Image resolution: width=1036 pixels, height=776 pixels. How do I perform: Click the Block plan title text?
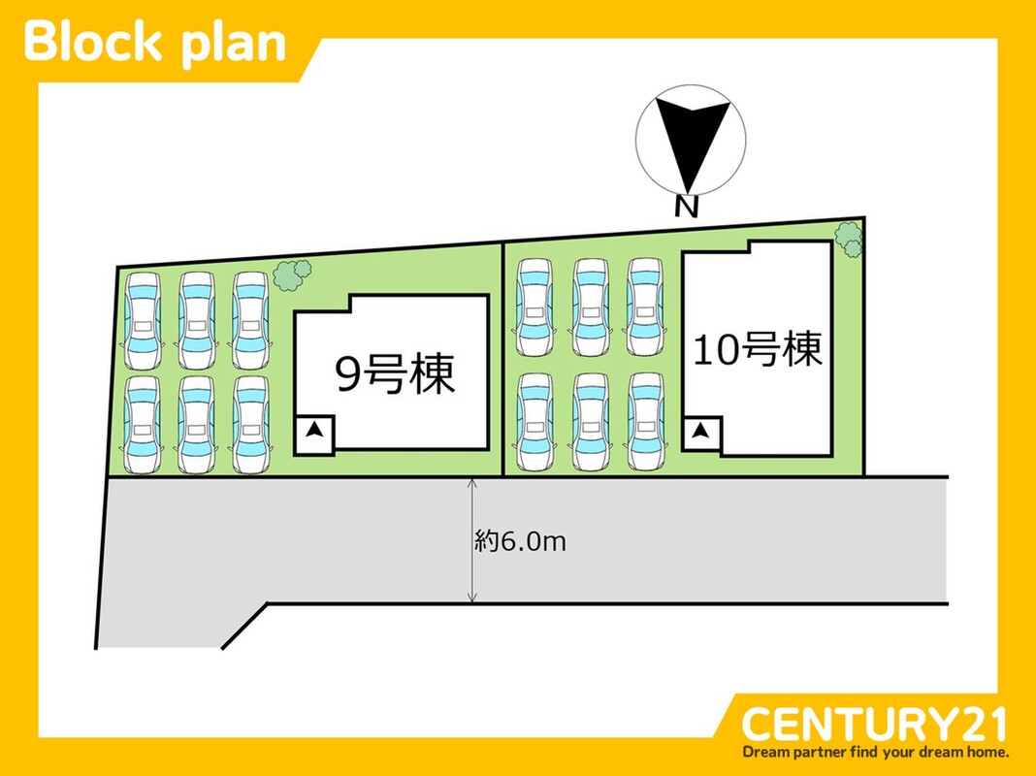154,43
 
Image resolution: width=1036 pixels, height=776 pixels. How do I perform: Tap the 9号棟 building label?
395,374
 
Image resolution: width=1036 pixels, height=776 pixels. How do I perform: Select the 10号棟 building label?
758,348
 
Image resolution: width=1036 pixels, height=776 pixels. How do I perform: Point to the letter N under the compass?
687,208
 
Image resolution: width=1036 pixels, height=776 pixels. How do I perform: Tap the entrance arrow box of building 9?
314,436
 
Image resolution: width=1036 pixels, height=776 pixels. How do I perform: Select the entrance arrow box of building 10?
701,434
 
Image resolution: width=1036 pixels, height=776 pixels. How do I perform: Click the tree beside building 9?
291,275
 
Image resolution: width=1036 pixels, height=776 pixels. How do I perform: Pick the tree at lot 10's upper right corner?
849,239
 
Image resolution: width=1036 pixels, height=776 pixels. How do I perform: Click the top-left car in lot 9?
143,320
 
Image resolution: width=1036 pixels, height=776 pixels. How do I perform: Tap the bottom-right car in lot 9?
250,425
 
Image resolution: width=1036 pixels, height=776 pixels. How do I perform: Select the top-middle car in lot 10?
591,307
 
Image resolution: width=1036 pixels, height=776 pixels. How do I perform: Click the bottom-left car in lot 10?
534,422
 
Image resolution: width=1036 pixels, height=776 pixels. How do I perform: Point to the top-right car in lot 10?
645,307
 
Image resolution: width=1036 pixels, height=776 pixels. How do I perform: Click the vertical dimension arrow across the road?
471,540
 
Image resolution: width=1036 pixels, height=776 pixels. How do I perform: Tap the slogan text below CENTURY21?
875,752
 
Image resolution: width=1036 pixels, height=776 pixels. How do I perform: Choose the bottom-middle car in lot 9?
196,425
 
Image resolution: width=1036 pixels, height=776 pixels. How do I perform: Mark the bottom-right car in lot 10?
645,422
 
